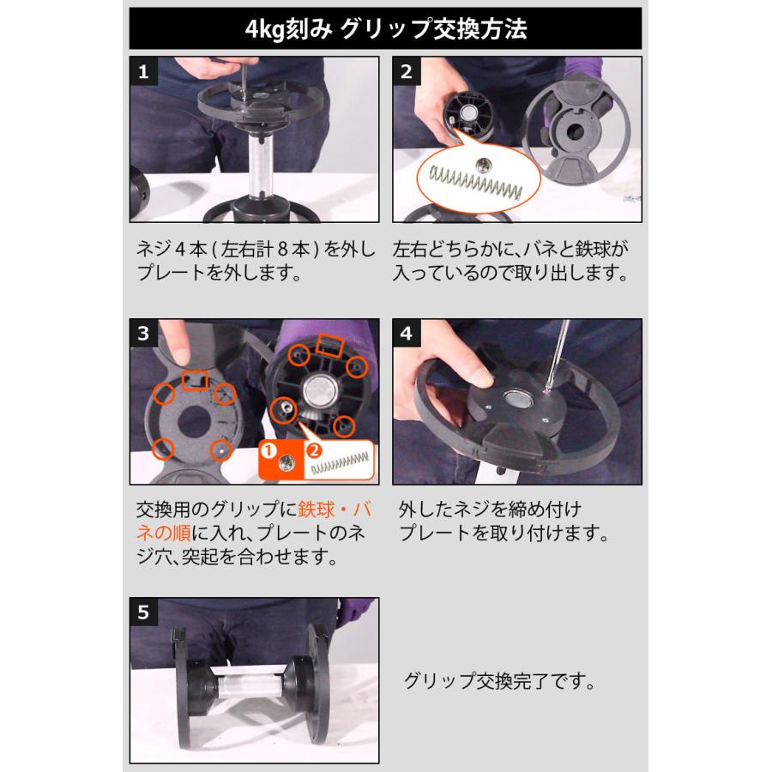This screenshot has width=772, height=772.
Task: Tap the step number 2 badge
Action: (x=406, y=71)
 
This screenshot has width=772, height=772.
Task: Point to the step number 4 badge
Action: (x=406, y=334)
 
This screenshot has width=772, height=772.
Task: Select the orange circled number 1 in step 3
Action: (x=269, y=449)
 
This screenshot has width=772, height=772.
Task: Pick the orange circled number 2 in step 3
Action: (x=314, y=449)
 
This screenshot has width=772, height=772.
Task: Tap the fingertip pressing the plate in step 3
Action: (x=179, y=352)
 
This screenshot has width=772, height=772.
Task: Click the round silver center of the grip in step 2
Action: (x=470, y=113)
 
